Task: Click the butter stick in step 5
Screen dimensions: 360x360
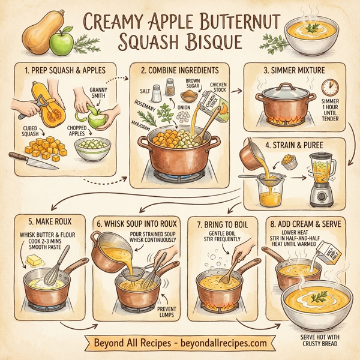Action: coord(33,261)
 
